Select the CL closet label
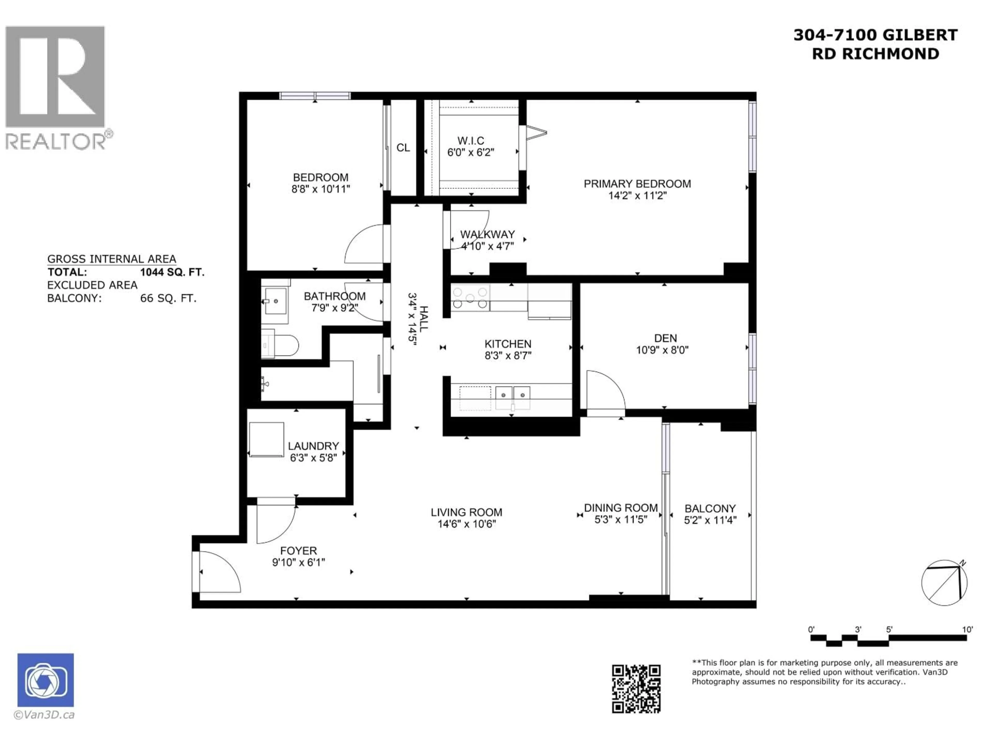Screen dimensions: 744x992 (x=403, y=148)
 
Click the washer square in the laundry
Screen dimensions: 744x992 (x=266, y=439)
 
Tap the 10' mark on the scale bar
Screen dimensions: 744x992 (x=967, y=630)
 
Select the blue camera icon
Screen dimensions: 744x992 (x=46, y=680)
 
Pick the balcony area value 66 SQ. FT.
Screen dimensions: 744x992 (x=168, y=298)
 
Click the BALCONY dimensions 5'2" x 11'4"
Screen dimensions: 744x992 (x=710, y=520)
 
